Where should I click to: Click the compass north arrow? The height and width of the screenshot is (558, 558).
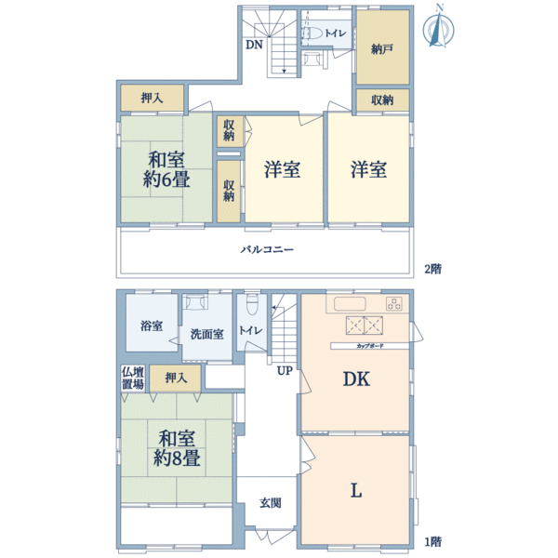coord(435,27)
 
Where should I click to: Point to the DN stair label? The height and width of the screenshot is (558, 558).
coord(253,45)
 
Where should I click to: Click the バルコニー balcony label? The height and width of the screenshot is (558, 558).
coord(267,250)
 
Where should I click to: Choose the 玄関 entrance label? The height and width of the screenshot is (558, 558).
coord(270,503)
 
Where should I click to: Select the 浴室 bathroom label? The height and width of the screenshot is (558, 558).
coord(152,326)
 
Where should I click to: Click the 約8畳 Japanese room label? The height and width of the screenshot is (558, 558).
coord(176,446)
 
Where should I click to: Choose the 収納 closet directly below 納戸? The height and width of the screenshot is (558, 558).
coord(382,100)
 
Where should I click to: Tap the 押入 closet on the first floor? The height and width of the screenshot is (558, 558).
coord(176,377)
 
